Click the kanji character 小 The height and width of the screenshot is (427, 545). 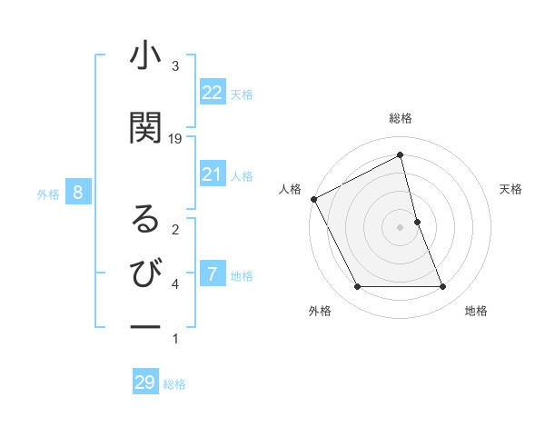point(145,57)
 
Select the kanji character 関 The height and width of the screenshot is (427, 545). point(145,128)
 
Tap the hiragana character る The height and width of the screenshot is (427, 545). point(145,219)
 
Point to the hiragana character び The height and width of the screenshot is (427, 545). point(145,273)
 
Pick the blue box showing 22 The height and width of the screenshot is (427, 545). point(213,93)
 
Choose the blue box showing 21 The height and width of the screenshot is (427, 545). point(213,174)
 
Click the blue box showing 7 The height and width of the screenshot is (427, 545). point(213,274)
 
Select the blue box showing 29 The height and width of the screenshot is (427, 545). point(145,382)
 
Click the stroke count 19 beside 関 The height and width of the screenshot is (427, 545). point(175,139)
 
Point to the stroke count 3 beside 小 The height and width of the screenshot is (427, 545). point(175,66)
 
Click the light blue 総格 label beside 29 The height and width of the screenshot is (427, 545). point(174,384)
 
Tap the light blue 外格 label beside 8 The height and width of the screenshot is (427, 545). point(48,194)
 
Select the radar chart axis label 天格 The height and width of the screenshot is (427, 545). point(510,189)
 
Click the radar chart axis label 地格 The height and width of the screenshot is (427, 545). point(476,311)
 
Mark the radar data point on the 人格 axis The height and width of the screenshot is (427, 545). point(313,199)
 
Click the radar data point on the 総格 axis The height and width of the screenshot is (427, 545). point(401,155)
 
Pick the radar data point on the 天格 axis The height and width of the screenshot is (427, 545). point(417,222)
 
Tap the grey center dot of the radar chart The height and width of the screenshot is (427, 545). point(401,227)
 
